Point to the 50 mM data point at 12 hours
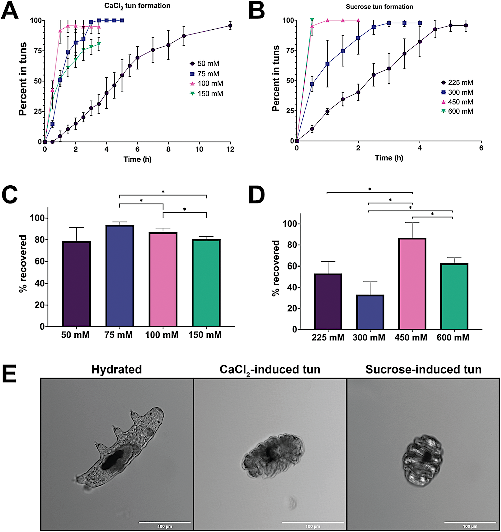[x=230, y=25]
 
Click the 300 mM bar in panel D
[x=369, y=312]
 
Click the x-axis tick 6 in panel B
[x=481, y=149]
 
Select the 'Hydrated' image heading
[x=116, y=370]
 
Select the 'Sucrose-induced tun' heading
[x=423, y=370]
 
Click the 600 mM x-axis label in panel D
[x=454, y=338]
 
